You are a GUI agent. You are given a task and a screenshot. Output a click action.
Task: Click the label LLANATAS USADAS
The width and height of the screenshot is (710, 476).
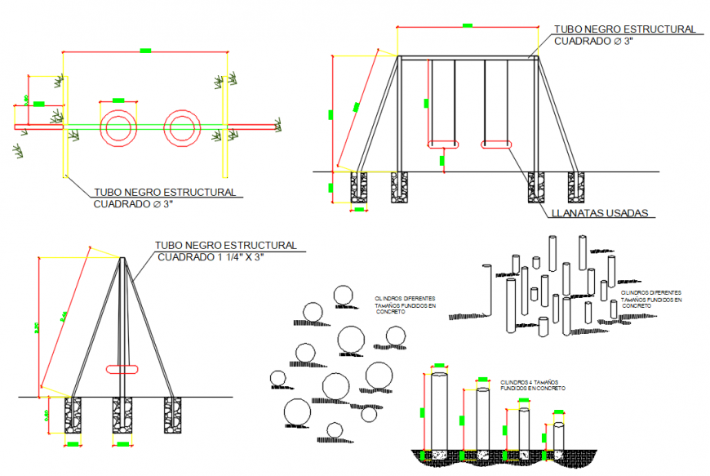[x=599, y=214]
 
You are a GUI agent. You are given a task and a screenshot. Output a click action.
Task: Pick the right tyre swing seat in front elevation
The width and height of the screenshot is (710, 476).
[x=497, y=145]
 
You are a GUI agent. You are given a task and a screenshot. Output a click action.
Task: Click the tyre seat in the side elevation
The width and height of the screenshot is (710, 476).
[x=124, y=369]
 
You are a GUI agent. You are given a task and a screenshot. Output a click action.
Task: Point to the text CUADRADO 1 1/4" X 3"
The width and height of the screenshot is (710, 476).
[x=211, y=257]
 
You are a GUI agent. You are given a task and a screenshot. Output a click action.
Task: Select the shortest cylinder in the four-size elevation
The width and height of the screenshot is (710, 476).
[x=559, y=437]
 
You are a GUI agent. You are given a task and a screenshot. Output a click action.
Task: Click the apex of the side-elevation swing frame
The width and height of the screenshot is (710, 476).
[x=122, y=259]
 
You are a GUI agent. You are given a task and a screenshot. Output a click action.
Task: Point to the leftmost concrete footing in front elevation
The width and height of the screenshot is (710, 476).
[x=359, y=187]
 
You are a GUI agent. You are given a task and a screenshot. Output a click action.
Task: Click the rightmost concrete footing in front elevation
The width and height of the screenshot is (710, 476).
[x=577, y=187]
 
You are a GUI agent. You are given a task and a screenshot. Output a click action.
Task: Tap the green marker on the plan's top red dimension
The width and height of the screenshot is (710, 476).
[x=145, y=51]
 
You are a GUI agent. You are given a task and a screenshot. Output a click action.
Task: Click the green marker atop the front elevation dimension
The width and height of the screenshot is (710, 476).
[x=467, y=25]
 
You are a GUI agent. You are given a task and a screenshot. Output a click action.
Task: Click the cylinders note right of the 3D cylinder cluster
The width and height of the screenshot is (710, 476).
[x=650, y=298]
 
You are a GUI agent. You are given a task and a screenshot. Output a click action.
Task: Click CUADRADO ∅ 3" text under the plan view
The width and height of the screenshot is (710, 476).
[x=134, y=204]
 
